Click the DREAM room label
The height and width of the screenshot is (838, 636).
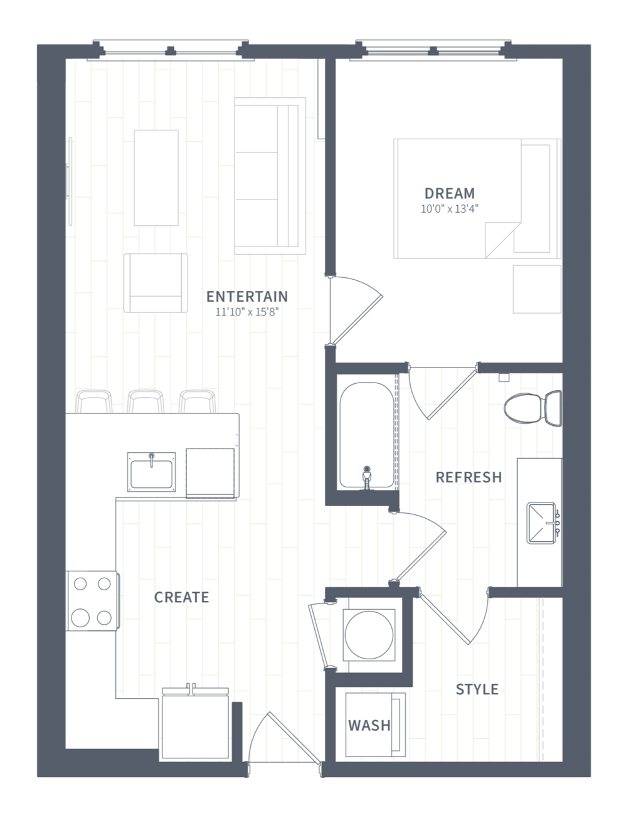[x=449, y=193]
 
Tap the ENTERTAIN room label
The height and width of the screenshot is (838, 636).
[x=247, y=296]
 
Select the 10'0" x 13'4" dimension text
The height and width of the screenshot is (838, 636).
[x=449, y=209]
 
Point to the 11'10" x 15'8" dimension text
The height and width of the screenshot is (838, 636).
[x=247, y=312]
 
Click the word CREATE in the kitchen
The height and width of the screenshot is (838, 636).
[x=181, y=597]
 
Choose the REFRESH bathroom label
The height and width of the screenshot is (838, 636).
[x=469, y=477]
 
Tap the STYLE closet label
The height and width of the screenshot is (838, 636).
[x=477, y=689]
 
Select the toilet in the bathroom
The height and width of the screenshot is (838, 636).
[x=533, y=408]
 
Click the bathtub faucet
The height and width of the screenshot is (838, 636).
[x=367, y=477]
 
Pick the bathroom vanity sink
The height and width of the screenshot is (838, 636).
[x=542, y=522]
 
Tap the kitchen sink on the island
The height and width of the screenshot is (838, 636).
[x=151, y=472]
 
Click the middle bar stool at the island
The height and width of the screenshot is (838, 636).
[x=146, y=401]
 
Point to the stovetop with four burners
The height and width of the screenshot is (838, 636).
[x=92, y=600]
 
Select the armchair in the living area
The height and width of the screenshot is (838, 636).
[x=156, y=283]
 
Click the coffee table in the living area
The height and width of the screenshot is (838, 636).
[x=156, y=178]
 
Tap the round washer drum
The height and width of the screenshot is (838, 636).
[x=369, y=635]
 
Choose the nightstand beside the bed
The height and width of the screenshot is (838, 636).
[x=537, y=289]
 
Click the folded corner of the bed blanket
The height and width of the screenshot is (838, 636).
[x=502, y=240]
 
